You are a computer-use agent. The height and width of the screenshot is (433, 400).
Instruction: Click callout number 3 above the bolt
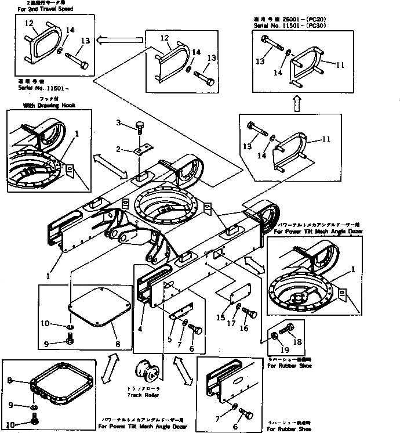point(118,122)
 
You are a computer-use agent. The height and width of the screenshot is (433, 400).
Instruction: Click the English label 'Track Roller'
point(143,395)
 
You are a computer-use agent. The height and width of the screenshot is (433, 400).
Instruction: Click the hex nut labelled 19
point(274,337)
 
